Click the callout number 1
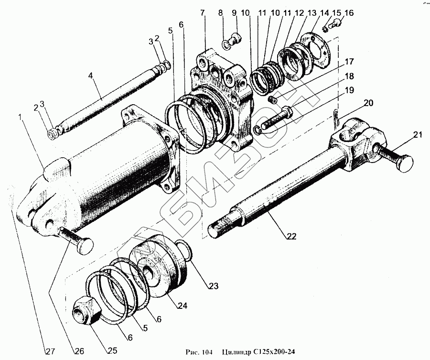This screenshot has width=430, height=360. pyautogui.click(x=20, y=117)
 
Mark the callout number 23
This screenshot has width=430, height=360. pyautogui.click(x=212, y=286)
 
